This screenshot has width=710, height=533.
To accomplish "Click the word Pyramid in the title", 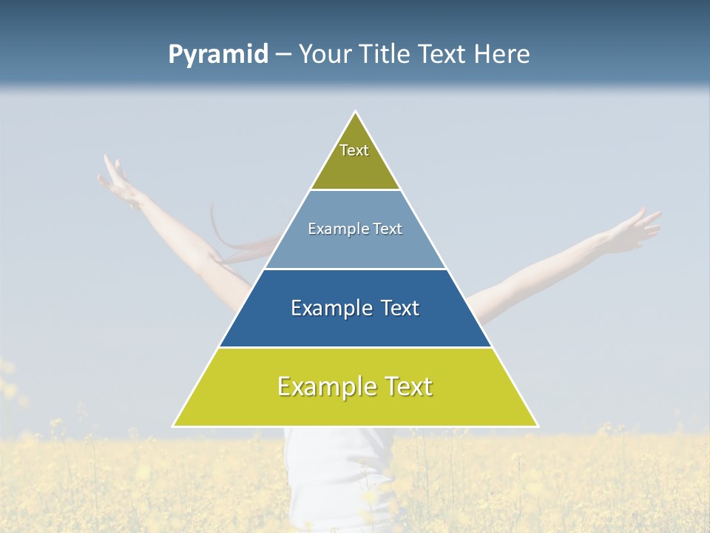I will coord(218,55).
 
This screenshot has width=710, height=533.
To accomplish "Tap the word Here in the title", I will coord(503,54).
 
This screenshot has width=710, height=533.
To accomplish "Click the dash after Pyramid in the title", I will coord(283,55).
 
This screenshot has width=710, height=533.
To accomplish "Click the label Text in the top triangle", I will coord(354,150).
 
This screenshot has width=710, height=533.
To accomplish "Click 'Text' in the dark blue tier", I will coord(399,308).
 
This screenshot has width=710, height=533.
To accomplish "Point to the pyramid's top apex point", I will coord(356,113).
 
